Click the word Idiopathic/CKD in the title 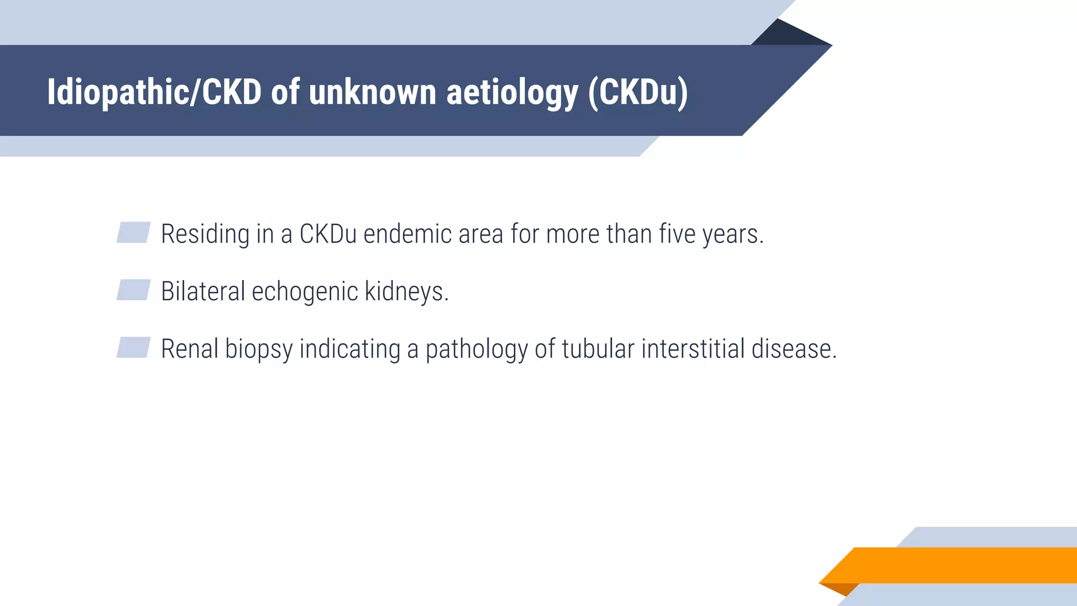154,93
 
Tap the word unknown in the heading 372,93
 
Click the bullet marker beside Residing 134,233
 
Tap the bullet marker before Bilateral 134,290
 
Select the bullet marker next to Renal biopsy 134,347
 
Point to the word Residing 205,235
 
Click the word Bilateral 203,291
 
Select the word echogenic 305,292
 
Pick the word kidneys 405,291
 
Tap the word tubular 598,349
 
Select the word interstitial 693,349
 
